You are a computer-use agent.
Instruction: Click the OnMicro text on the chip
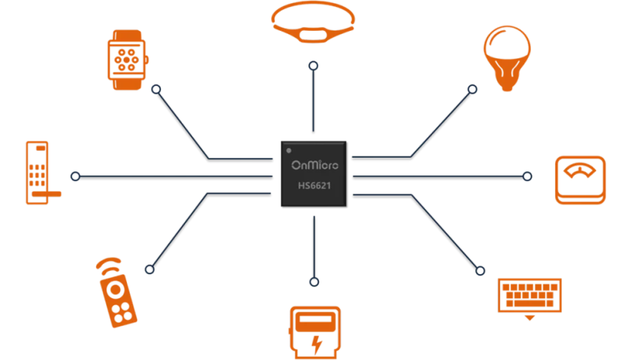[313, 165]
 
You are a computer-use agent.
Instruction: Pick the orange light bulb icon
[507, 58]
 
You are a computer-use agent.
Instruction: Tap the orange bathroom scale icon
[582, 180]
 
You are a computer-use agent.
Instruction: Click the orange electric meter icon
[313, 331]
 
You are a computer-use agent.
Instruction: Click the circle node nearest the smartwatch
[156, 89]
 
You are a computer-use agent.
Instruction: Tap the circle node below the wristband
[314, 66]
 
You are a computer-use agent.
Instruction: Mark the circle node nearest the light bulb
[472, 89]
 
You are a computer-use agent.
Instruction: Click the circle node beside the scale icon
[527, 176]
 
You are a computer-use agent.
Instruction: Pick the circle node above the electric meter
[314, 281]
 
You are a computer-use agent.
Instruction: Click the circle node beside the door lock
[75, 176]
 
